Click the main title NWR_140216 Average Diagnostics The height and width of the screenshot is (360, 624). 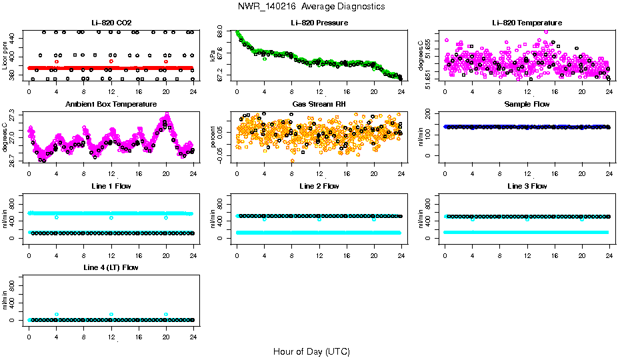tap(311, 6)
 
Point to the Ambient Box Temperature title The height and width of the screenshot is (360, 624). tap(111, 104)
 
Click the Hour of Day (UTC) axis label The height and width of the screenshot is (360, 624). tap(311, 351)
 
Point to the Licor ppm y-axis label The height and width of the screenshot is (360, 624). tap(5, 55)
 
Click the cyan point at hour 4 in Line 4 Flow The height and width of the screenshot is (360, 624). tap(57, 314)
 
